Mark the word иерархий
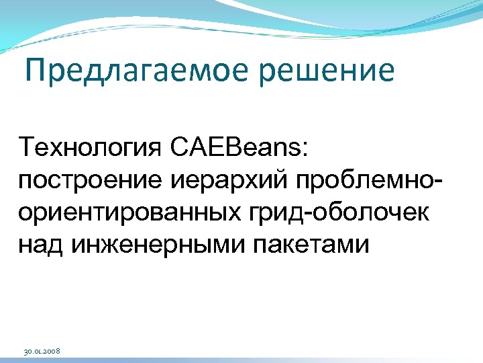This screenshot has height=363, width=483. click(217, 179)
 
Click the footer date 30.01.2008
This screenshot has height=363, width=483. click(42, 352)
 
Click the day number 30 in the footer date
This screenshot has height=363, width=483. click(28, 352)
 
